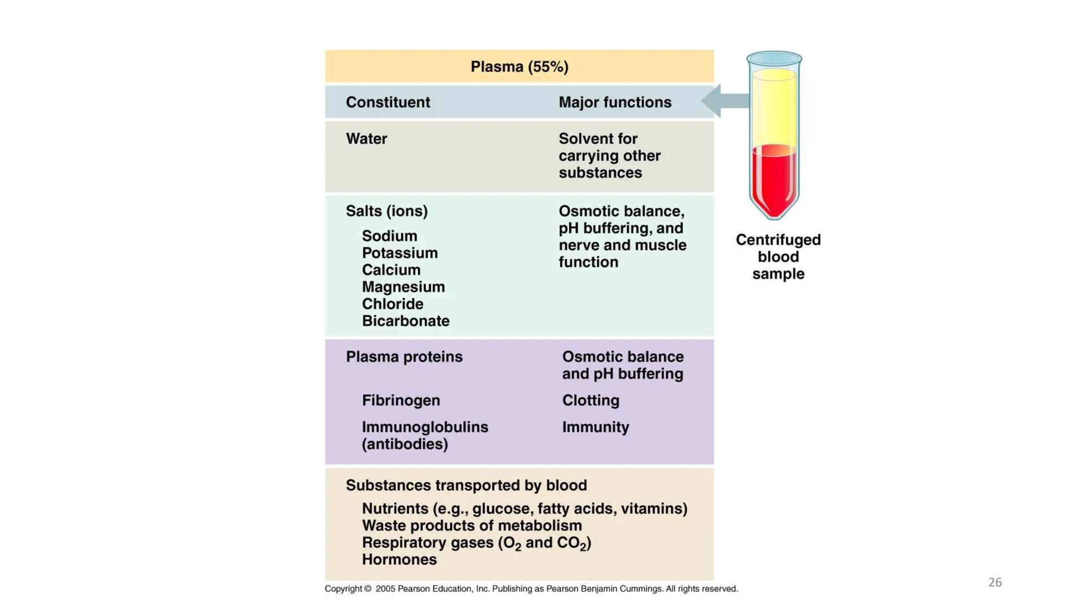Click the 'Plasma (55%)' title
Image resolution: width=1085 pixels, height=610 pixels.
pyautogui.click(x=519, y=67)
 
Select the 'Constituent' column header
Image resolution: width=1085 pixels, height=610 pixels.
pyautogui.click(x=388, y=102)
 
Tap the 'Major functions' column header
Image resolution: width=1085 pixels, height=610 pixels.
pyautogui.click(x=615, y=102)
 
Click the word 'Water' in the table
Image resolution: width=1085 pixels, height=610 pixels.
pyautogui.click(x=366, y=139)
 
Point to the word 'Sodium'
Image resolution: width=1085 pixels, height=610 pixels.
pyautogui.click(x=389, y=236)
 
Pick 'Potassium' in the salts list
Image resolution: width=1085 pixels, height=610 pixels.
pyautogui.click(x=400, y=253)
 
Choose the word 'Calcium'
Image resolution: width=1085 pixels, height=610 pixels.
pyautogui.click(x=391, y=270)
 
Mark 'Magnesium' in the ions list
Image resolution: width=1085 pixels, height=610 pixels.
pyautogui.click(x=403, y=287)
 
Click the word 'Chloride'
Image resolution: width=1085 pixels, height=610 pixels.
pyautogui.click(x=392, y=304)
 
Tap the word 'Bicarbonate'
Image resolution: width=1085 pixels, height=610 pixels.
pyautogui.click(x=405, y=321)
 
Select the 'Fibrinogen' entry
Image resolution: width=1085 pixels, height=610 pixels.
pyautogui.click(x=401, y=400)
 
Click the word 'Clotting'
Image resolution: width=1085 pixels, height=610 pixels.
pyautogui.click(x=591, y=400)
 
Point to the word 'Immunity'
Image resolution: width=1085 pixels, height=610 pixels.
pyautogui.click(x=595, y=427)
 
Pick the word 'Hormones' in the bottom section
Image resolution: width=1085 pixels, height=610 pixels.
pyautogui.click(x=399, y=560)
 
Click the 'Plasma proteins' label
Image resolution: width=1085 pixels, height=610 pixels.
pyautogui.click(x=404, y=357)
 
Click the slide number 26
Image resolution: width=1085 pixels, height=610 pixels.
pyautogui.click(x=995, y=582)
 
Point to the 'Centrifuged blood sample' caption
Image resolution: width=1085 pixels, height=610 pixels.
pyautogui.click(x=778, y=257)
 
